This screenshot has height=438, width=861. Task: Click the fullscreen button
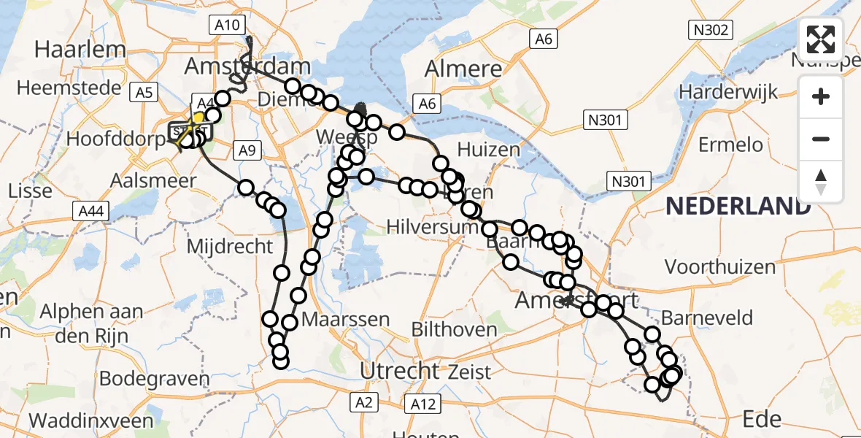coord(821,39)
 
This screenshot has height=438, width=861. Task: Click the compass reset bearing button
coord(821,181)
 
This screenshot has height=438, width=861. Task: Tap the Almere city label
coord(463,69)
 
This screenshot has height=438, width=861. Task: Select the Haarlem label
coord(80,50)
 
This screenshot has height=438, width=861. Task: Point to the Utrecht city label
coord(401,371)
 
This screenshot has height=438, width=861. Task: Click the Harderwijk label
coord(727,93)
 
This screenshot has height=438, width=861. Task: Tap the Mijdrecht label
coord(230,246)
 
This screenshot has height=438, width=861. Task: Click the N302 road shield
coord(709,30)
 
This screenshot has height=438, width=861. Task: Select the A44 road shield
coord(90,212)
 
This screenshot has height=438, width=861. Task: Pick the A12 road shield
coord(423,404)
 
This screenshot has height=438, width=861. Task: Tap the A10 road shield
coord(228,26)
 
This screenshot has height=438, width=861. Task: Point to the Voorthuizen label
coord(720,267)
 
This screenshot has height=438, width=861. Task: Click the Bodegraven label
coord(154,379)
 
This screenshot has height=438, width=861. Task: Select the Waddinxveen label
coord(91,421)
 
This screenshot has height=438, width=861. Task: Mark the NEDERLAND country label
coord(738,207)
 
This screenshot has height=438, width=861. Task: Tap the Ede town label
coord(762,419)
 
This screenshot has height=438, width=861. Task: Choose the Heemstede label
coord(69,88)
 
